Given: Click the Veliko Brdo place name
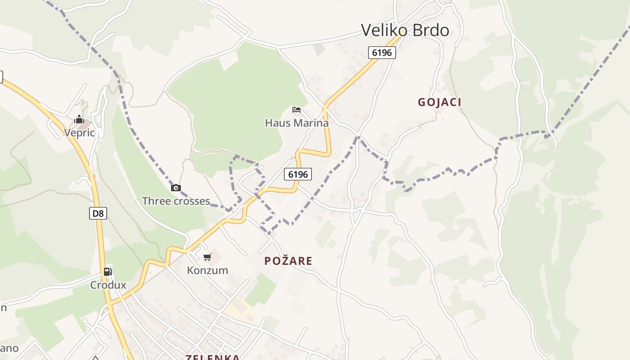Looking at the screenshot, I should click(x=405, y=30).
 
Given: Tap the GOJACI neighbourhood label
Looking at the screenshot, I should click(x=440, y=102).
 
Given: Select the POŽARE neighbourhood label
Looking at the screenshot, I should click(x=288, y=261).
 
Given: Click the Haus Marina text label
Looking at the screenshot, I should click(x=297, y=123).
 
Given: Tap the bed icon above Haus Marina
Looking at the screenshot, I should click(x=296, y=109).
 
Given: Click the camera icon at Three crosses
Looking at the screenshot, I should click(x=176, y=188).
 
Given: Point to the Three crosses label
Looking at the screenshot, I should click(x=176, y=201).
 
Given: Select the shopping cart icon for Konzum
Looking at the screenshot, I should click(x=207, y=257).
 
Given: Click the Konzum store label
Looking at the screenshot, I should click(x=207, y=270).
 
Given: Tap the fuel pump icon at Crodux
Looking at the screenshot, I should click(x=108, y=271).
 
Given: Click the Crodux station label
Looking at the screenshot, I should click(x=108, y=285).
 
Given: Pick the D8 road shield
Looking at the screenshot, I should click(x=98, y=213).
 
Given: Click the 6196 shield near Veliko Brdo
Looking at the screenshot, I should click(x=382, y=53).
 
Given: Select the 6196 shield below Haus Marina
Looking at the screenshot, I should click(x=298, y=174).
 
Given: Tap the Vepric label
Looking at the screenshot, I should click(x=79, y=133).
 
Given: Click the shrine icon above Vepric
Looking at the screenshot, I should click(x=79, y=119).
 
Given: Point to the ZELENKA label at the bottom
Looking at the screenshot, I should click(x=213, y=357).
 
